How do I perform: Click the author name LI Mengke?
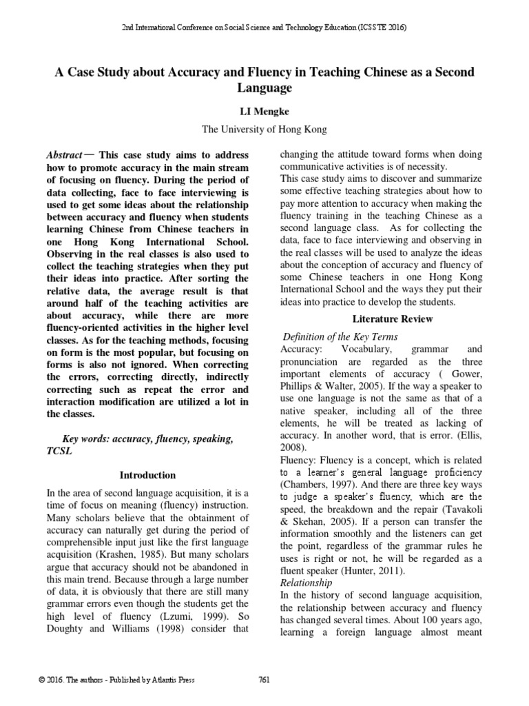(264, 111)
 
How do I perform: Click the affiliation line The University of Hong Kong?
(264, 129)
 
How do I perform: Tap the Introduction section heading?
(147, 475)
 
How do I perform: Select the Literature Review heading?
(393, 319)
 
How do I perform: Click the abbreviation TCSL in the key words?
(59, 451)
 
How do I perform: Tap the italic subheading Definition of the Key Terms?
(341, 336)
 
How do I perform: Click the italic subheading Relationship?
(302, 582)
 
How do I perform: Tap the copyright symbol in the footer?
(43, 680)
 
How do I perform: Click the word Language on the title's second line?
(264, 88)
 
